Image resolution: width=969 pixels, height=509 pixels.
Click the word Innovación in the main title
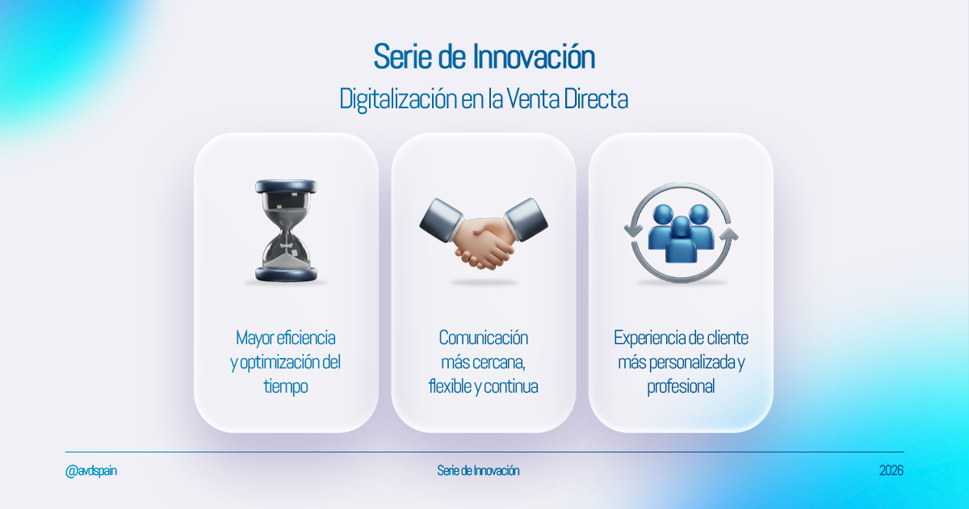(x=534, y=57)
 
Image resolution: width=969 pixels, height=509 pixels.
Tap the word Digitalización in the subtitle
(x=398, y=99)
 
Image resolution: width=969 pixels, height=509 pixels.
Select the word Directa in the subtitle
(x=596, y=99)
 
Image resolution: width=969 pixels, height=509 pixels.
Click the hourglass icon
(x=287, y=231)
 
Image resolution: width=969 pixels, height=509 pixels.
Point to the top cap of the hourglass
(x=287, y=187)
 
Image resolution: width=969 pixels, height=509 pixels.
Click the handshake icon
(x=483, y=233)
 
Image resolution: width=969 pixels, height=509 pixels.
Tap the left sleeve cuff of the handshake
(x=441, y=220)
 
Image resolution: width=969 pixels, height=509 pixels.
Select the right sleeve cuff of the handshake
(x=526, y=220)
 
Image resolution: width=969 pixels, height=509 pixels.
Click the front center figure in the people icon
(x=681, y=239)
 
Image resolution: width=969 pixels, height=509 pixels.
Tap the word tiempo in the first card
(x=286, y=386)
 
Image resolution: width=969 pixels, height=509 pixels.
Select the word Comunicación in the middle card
(x=483, y=338)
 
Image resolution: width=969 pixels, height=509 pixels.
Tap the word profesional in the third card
(x=681, y=386)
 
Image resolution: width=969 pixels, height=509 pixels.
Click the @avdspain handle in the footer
(x=90, y=470)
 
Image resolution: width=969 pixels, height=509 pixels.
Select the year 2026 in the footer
(x=891, y=470)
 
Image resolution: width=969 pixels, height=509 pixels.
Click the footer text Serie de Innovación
(x=478, y=470)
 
